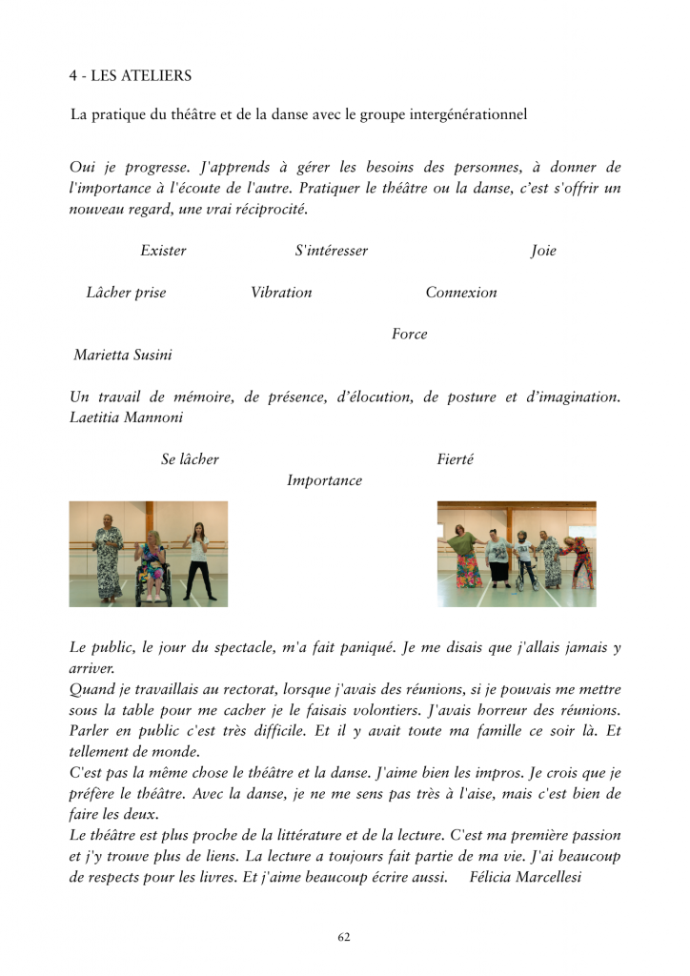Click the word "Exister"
click(163, 251)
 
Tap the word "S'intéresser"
click(331, 251)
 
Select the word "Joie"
click(543, 251)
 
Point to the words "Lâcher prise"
click(126, 293)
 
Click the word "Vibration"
click(281, 293)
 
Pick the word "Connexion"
click(461, 293)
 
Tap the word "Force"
click(409, 335)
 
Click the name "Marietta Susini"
click(123, 356)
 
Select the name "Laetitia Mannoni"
click(126, 417)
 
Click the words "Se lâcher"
click(190, 459)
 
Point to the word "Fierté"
click(455, 459)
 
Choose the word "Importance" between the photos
click(324, 480)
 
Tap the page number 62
click(344, 937)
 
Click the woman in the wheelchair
click(152, 570)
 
